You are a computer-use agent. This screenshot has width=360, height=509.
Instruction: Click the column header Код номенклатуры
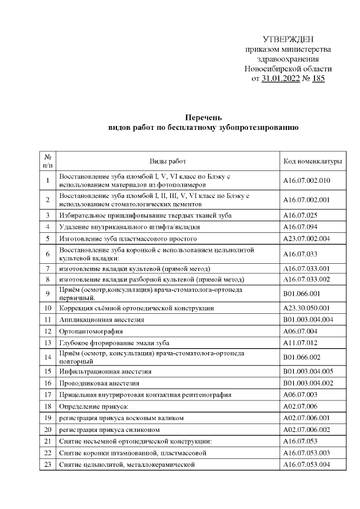[x=313, y=161]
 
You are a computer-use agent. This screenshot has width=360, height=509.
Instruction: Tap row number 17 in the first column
[x=48, y=395]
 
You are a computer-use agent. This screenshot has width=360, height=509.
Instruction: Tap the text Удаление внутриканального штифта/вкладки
[x=129, y=227]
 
